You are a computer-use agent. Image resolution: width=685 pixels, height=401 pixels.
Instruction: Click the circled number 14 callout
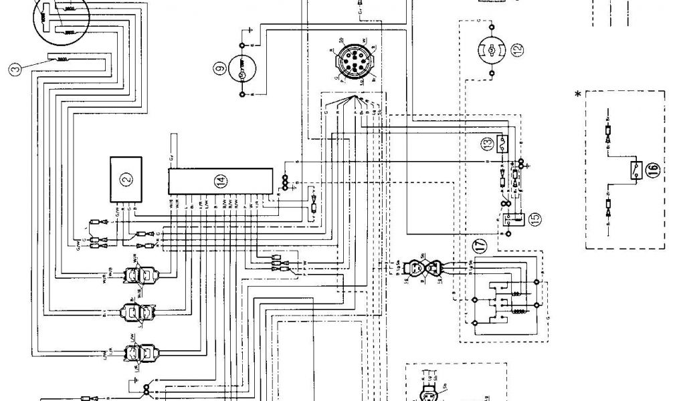219,179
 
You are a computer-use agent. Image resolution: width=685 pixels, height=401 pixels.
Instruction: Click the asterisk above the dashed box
577,95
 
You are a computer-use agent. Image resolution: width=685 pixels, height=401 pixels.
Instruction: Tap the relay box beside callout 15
516,217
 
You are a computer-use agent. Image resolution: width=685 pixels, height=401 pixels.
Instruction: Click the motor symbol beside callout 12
491,49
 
